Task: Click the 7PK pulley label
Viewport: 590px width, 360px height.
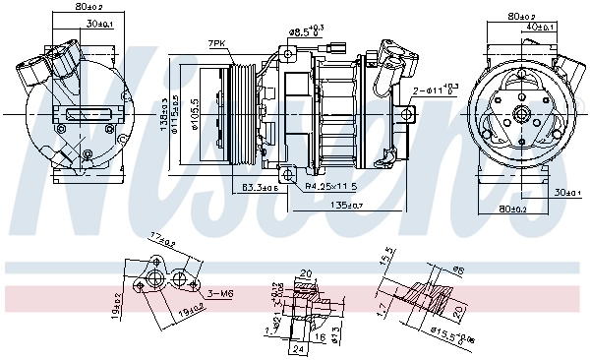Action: point(217,44)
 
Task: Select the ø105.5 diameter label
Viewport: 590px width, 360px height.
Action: point(195,115)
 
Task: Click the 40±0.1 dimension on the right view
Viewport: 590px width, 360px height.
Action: point(540,26)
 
